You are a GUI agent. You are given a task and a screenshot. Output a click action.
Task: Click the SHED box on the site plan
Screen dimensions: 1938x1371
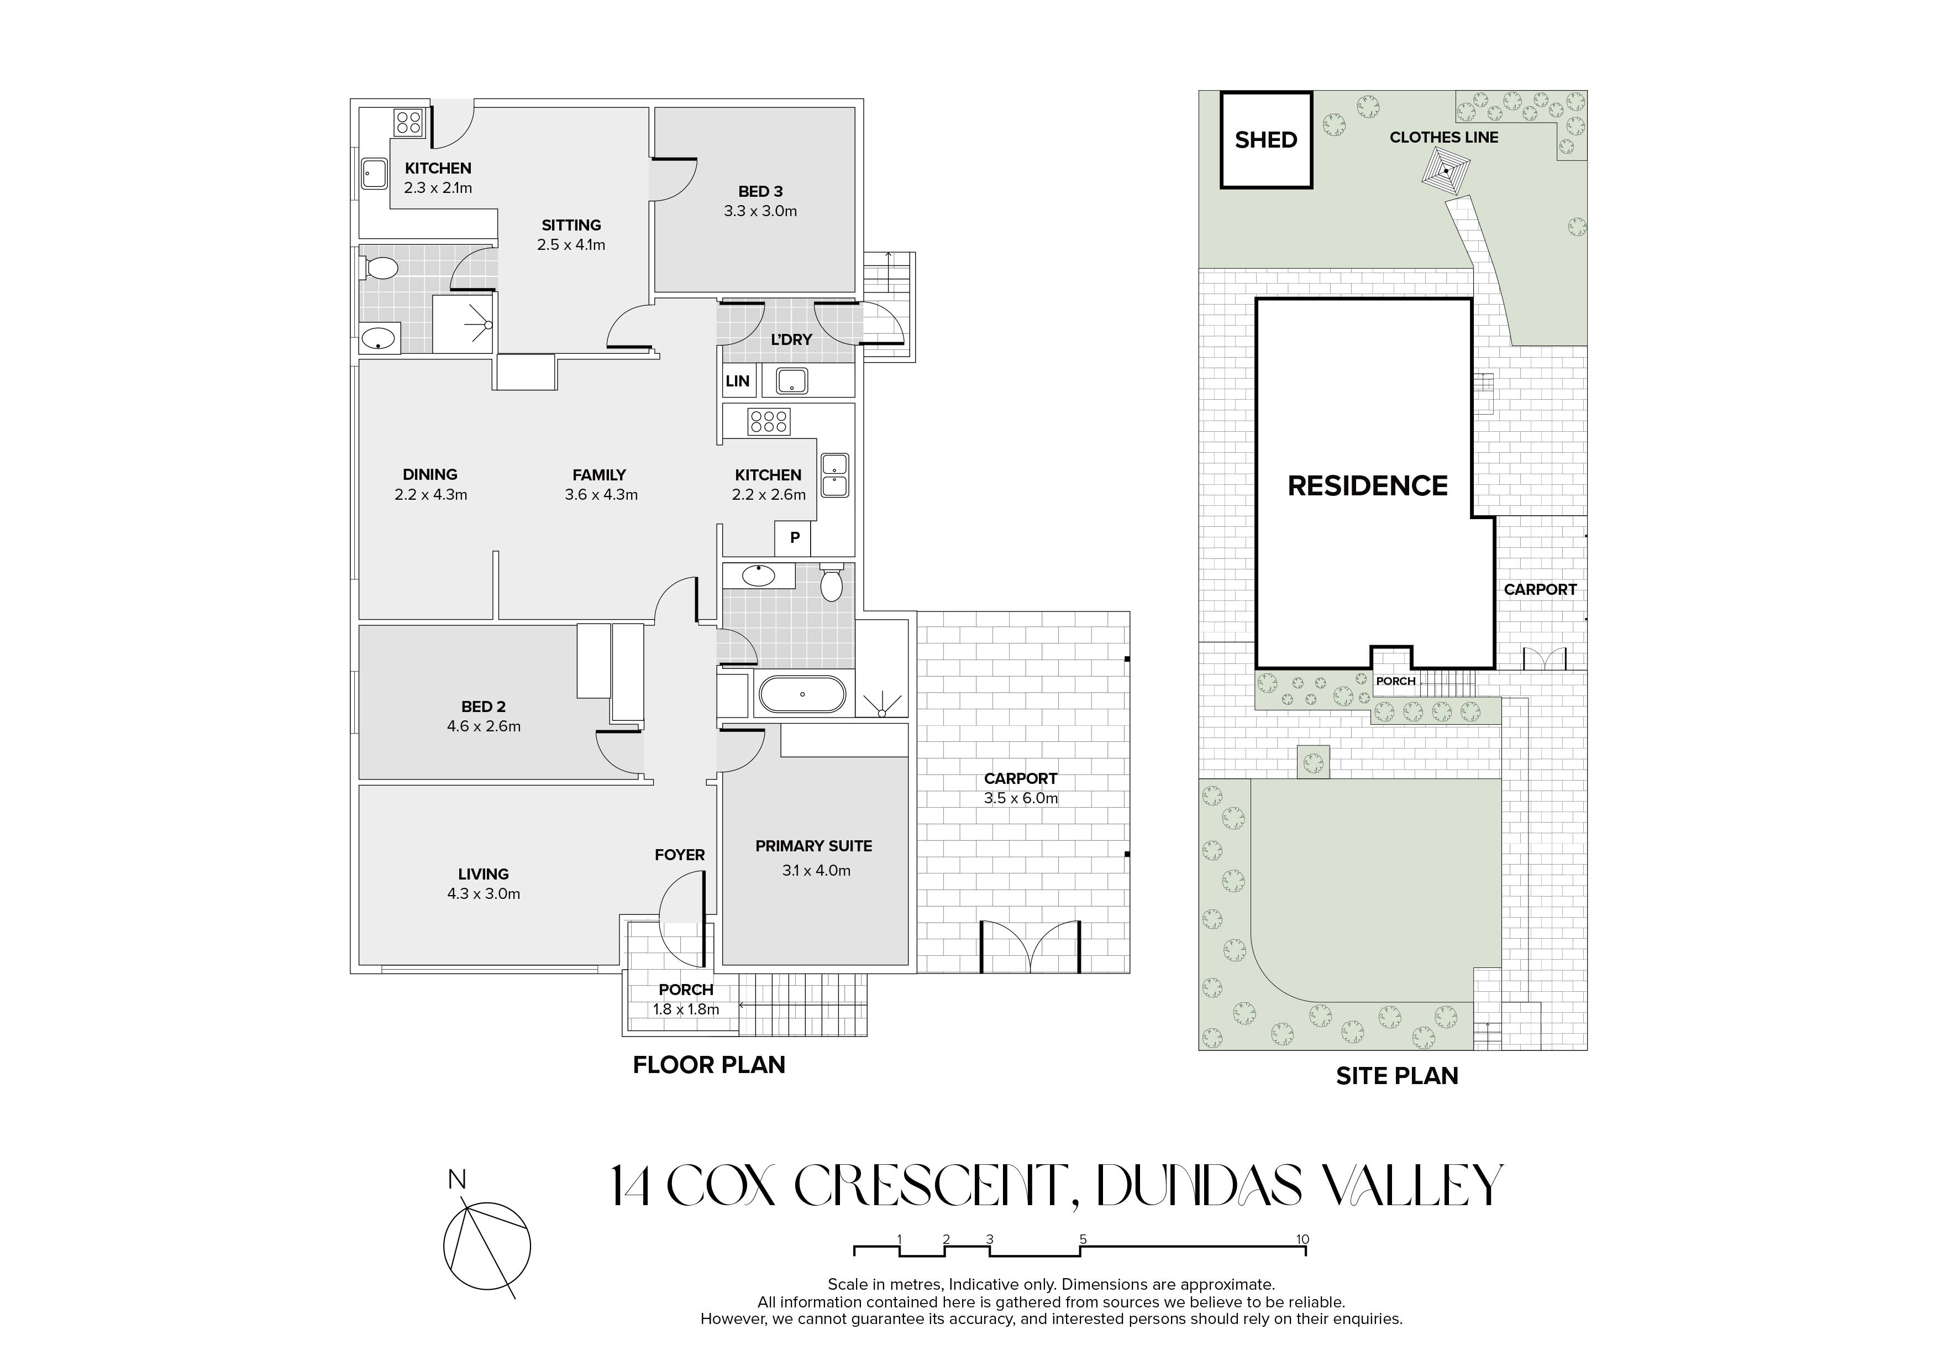(x=1265, y=139)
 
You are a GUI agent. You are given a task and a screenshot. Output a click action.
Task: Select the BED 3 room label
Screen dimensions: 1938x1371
(x=760, y=192)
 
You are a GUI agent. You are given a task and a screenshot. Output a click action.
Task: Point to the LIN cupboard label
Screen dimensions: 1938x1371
(x=737, y=381)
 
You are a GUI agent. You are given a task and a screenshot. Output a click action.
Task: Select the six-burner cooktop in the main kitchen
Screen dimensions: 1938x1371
(x=768, y=421)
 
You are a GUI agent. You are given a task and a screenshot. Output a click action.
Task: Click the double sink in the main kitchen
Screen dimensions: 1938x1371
(x=835, y=475)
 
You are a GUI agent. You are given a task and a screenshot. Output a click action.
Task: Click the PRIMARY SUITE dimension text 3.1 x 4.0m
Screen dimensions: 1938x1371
(x=816, y=870)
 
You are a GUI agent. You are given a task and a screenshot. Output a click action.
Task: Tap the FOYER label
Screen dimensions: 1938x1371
(x=680, y=855)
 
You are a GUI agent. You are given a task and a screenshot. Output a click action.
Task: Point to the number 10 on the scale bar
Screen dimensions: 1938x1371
(x=1302, y=1240)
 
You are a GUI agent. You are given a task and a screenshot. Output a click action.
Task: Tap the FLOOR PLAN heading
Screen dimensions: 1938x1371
(x=709, y=1065)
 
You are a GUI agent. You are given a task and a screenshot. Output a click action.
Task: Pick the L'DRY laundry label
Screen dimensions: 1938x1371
(x=791, y=339)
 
